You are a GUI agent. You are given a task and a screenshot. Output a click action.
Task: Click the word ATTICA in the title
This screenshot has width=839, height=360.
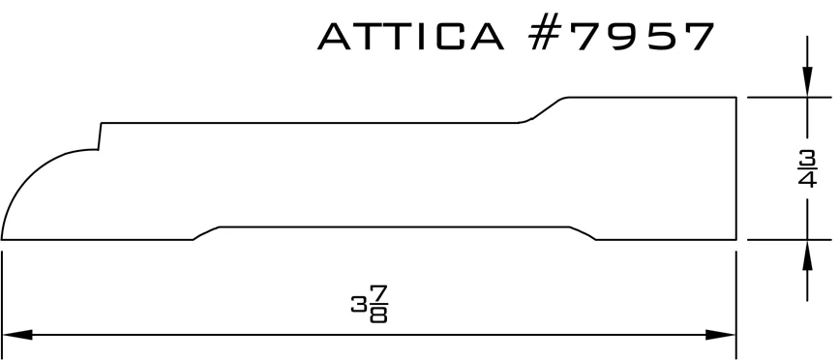411,37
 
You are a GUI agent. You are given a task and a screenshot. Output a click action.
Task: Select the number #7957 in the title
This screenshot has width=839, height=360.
621,37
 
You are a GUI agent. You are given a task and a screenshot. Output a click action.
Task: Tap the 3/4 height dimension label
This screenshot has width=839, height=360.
807,169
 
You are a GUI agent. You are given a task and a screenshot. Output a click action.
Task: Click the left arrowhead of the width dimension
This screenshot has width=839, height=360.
17,335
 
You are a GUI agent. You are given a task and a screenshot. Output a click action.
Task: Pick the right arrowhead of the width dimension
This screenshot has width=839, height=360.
721,335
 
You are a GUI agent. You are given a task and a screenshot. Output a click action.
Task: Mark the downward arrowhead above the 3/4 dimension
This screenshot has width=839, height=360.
807,82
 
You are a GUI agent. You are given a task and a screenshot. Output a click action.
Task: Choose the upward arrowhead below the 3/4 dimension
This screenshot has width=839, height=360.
807,255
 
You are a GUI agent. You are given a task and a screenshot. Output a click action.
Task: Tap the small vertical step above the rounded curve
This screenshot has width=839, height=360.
100,136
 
